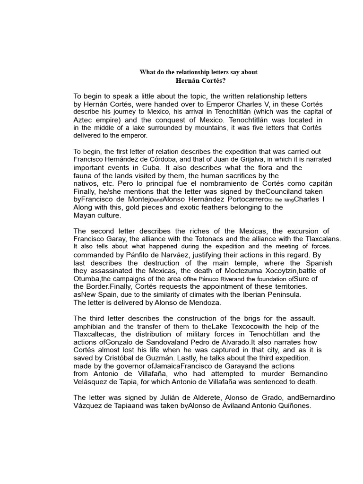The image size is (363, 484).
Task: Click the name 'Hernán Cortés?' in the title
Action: (x=198, y=80)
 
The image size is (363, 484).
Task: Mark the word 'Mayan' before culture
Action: (x=85, y=215)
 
